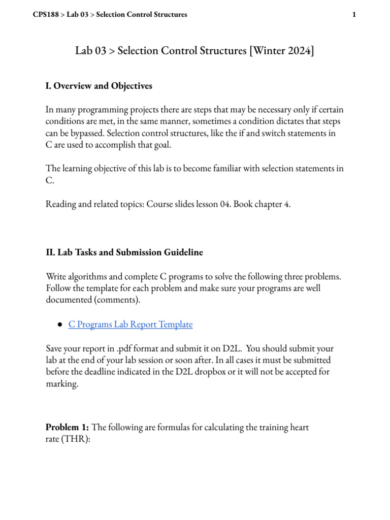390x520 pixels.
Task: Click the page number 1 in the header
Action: (x=353, y=15)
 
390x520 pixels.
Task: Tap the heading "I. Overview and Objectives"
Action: (x=99, y=86)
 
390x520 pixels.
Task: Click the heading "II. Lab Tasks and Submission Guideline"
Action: (x=124, y=252)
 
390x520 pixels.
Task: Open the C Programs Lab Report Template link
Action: (x=131, y=324)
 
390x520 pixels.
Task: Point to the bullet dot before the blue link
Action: (x=60, y=324)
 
